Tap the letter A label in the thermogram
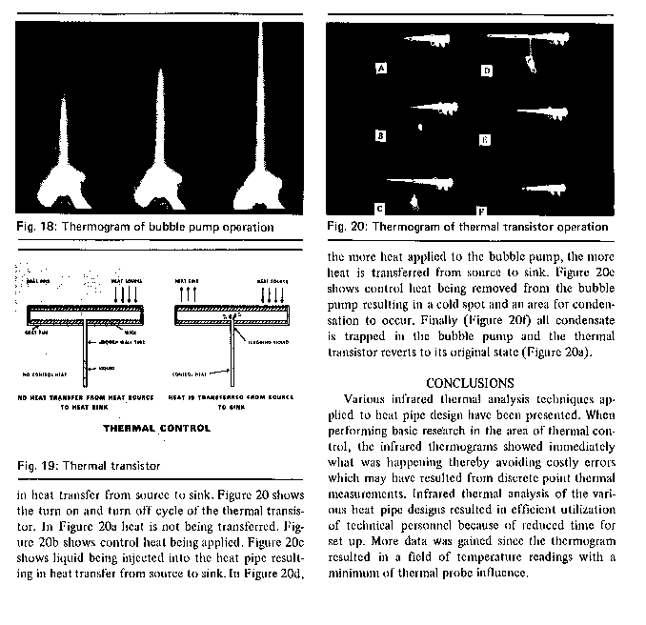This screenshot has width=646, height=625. pos(381,69)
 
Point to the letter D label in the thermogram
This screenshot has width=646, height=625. pos(486,71)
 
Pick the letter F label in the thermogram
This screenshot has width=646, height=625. pos(480,209)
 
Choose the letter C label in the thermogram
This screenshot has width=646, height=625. pos(379,207)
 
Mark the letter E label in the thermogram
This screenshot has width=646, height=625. pos(484,140)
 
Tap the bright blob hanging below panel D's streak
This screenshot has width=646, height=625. pos(530,65)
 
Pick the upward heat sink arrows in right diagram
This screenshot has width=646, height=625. pos(183,292)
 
